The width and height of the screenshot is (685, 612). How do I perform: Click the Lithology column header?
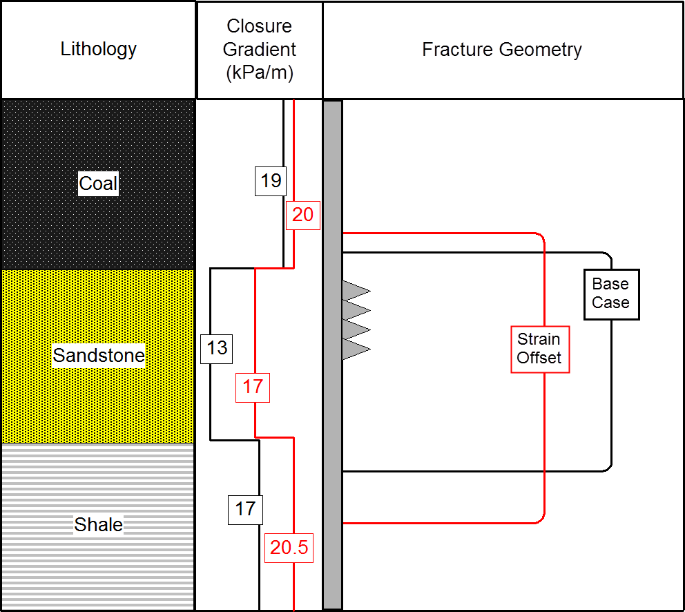99,50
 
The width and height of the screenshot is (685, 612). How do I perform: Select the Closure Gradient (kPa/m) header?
260,50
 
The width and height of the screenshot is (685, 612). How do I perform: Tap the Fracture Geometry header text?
502,50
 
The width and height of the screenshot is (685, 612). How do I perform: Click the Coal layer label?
99,184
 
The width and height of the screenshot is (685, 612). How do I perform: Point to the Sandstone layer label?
99,356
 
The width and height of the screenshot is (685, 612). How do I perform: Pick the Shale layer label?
99,525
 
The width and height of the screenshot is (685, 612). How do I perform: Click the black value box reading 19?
271,181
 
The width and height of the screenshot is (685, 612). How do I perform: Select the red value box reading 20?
302,215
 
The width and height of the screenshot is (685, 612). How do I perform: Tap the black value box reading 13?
217,347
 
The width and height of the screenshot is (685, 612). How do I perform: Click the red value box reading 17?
253,386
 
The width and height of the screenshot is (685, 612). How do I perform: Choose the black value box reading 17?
245,510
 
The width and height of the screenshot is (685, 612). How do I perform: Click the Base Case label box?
611,294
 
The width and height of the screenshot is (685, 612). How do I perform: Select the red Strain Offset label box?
539,349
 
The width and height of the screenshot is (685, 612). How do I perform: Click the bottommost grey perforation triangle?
355,350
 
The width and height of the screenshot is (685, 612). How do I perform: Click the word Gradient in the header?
260,50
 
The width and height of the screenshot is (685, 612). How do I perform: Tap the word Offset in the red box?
539,358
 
